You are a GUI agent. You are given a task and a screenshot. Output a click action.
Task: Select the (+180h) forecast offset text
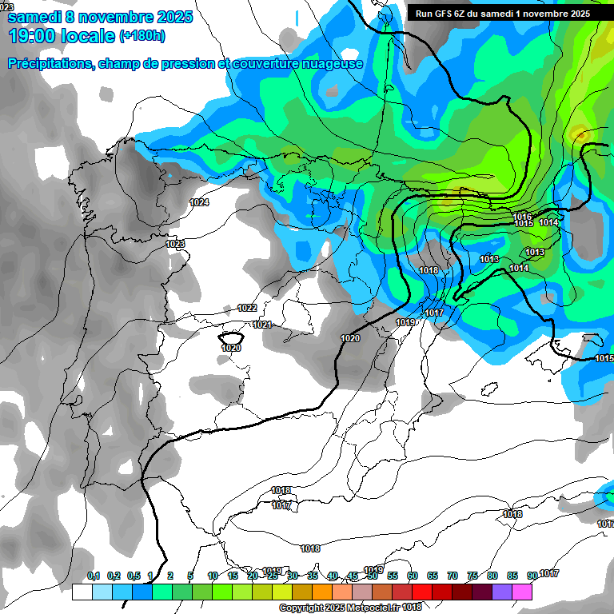tap(142, 36)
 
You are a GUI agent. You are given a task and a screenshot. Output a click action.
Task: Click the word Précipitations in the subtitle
tap(47, 63)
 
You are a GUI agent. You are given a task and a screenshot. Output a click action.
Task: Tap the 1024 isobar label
tap(199, 202)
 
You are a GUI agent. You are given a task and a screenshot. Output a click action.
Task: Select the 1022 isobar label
tap(247, 308)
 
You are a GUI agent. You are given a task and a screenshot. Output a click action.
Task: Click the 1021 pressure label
tap(262, 325)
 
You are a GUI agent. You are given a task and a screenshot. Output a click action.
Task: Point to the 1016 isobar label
tap(523, 217)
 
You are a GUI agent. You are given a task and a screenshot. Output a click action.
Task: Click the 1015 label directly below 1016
tap(524, 224)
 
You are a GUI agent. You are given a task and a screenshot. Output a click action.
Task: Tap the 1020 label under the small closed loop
tap(231, 348)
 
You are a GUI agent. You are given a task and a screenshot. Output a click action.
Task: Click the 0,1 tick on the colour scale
tap(94, 576)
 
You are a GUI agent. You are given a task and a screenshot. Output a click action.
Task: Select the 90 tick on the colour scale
tap(532, 576)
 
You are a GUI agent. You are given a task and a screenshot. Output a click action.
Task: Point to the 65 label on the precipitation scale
tap(433, 576)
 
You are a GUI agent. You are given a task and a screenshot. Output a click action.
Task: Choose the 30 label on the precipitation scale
tap(293, 576)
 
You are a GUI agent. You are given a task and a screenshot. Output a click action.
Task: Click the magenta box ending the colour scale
tap(522, 592)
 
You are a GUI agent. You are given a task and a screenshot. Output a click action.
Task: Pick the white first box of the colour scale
tap(82, 592)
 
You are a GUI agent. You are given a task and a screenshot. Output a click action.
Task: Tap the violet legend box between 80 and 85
tap(502, 592)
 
